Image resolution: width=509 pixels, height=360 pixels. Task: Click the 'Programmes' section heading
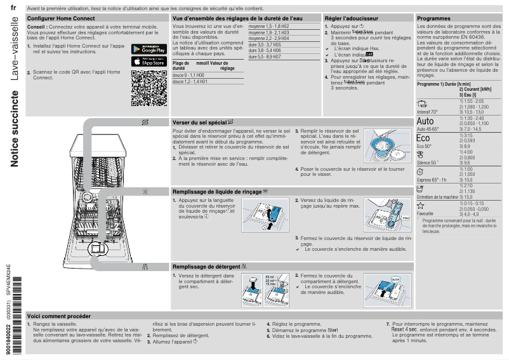[x=433, y=19]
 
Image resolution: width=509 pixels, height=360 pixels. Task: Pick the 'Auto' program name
[x=425, y=121]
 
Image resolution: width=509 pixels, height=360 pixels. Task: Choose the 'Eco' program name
[x=423, y=138]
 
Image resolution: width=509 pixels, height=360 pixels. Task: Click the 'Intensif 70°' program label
[x=427, y=112]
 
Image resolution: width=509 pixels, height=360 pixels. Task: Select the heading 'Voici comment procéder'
[x=59, y=316]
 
